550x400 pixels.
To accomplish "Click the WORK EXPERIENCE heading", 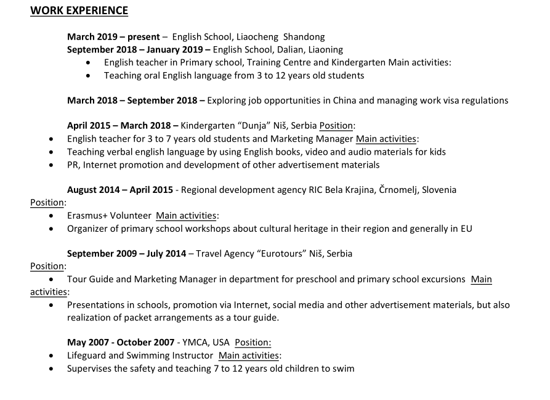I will [x=79, y=10].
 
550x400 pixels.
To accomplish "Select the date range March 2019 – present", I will [x=113, y=37].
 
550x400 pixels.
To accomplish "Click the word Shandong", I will [x=304, y=37].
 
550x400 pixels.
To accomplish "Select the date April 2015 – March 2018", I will [x=122, y=126].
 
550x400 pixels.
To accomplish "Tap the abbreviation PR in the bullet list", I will [x=73, y=165].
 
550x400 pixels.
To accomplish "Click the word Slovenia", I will [x=439, y=190].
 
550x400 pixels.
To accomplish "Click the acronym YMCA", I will [x=196, y=343].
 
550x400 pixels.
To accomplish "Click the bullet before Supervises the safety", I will [x=52, y=369].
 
